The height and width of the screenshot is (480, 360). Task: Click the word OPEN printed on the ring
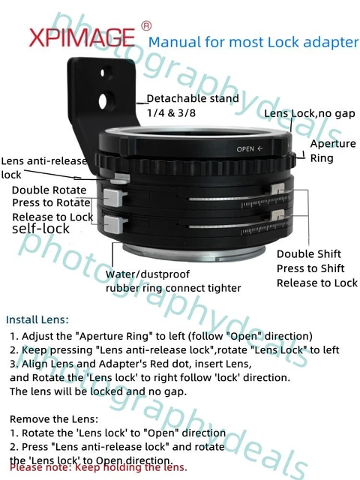pos(247,148)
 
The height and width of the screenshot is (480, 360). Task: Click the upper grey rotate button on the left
pos(112,197)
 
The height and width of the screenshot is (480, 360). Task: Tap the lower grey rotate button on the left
pos(112,223)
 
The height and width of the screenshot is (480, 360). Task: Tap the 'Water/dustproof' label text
pos(148,274)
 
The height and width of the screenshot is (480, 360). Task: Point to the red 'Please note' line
pos(97,466)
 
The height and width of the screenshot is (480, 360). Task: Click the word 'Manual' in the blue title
pos(175,42)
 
